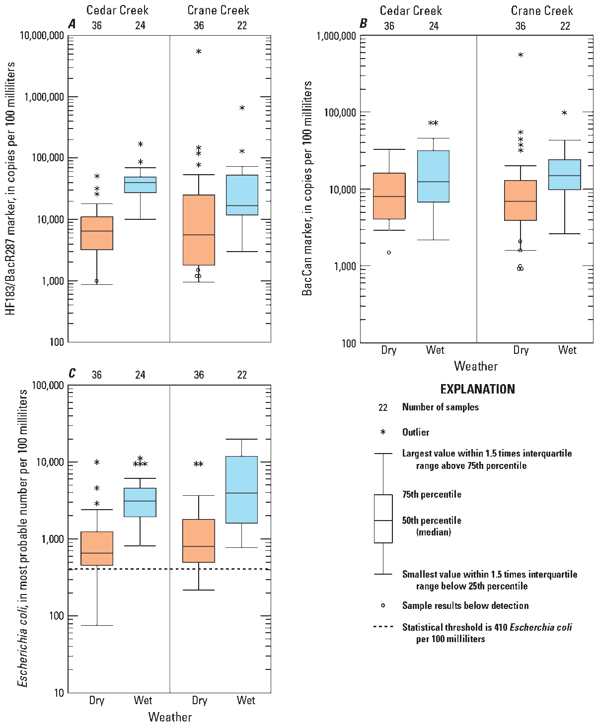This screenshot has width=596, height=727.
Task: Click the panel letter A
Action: [x=73, y=24]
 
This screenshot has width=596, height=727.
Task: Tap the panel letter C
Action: [x=73, y=373]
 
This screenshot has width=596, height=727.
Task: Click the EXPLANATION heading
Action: [x=477, y=389]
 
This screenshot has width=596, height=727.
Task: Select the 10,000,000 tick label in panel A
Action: [x=42, y=36]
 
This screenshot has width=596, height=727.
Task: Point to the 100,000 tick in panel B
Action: [x=340, y=113]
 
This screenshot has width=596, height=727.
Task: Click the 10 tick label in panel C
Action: [x=59, y=693]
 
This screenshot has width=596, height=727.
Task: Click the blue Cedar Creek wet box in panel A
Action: [x=140, y=185]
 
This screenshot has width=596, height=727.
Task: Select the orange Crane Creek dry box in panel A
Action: [x=199, y=230]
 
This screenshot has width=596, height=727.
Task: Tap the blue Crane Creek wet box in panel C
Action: [x=241, y=489]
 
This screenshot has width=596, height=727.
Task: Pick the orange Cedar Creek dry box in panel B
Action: [x=389, y=196]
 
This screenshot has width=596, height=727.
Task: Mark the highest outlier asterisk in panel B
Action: [x=521, y=56]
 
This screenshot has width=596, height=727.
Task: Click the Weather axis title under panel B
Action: [x=476, y=366]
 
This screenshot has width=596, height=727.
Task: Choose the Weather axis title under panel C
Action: [x=170, y=717]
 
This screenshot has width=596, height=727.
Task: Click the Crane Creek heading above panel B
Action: [x=542, y=10]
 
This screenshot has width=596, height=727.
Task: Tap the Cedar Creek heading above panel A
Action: [x=117, y=10]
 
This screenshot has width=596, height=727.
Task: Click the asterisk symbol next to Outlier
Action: [x=383, y=432]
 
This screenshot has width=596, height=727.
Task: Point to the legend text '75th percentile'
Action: [x=432, y=494]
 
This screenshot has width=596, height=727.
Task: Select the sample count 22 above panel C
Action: [x=242, y=375]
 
